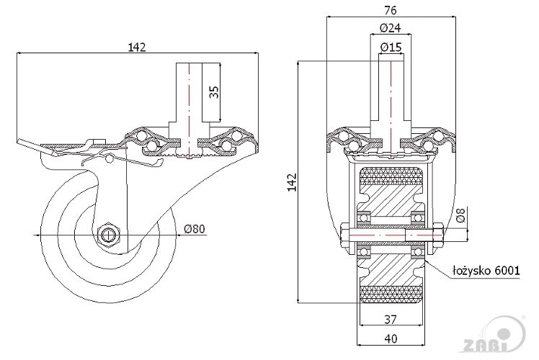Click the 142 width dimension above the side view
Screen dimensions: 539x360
(x=137, y=47)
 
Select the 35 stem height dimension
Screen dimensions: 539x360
(x=214, y=92)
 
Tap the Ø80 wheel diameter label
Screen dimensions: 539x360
(x=195, y=229)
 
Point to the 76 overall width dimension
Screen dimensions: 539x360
(x=391, y=11)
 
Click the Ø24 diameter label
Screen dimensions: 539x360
(x=391, y=28)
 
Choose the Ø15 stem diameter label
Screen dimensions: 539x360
(x=391, y=47)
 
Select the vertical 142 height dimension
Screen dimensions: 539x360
(x=292, y=182)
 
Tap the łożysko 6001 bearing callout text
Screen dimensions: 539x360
(x=486, y=271)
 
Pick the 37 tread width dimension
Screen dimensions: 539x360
(x=391, y=320)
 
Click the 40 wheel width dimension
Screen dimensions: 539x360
(x=391, y=339)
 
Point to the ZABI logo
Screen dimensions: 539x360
(x=495, y=336)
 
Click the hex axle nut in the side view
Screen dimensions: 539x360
(x=108, y=235)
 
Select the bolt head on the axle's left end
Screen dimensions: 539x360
(x=344, y=236)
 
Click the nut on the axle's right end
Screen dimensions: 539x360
(x=438, y=235)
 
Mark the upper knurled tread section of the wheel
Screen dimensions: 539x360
(x=391, y=177)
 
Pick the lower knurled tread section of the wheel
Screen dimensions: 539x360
(x=391, y=294)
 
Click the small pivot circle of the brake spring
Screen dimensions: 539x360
(x=110, y=158)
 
